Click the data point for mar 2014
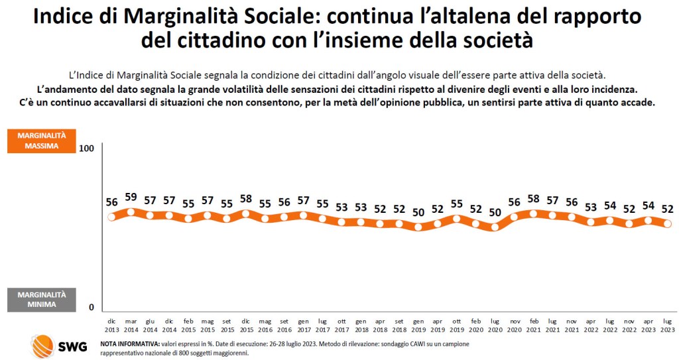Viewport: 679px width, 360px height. (131, 212)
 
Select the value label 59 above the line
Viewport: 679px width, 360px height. (131, 197)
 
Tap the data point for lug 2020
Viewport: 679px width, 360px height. (495, 227)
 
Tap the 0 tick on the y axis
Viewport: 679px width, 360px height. (92, 307)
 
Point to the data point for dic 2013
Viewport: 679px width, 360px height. (111, 217)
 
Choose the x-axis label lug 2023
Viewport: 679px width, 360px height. (668, 324)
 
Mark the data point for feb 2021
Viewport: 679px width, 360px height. (533, 213)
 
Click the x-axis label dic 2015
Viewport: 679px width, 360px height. (245, 324)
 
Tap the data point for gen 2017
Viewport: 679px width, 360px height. (303, 215)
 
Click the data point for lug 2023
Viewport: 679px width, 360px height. (668, 224)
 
